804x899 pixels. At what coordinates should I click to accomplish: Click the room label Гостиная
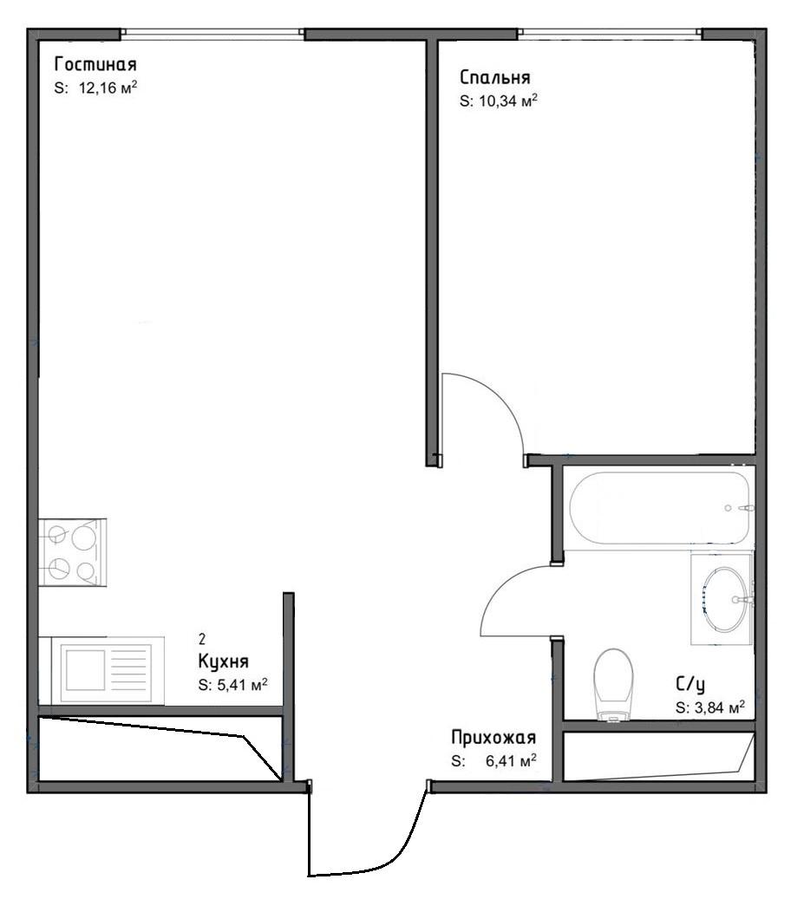[x=95, y=62]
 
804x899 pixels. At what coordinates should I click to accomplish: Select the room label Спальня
[x=495, y=76]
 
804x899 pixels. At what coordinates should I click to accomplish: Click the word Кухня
[x=223, y=661]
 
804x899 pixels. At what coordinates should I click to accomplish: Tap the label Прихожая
[x=494, y=737]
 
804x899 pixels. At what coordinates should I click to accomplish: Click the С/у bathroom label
[x=690, y=683]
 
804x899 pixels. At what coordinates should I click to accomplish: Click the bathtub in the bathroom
[x=659, y=507]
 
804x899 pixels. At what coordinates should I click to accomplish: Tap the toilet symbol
[x=613, y=684]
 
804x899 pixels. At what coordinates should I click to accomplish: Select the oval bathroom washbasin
[x=725, y=598]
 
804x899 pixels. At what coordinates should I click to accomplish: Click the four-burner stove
[x=72, y=552]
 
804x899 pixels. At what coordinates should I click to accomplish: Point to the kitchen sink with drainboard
[x=108, y=671]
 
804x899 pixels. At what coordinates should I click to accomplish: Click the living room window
[x=212, y=33]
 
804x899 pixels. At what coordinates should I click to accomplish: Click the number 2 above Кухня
[x=202, y=639]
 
